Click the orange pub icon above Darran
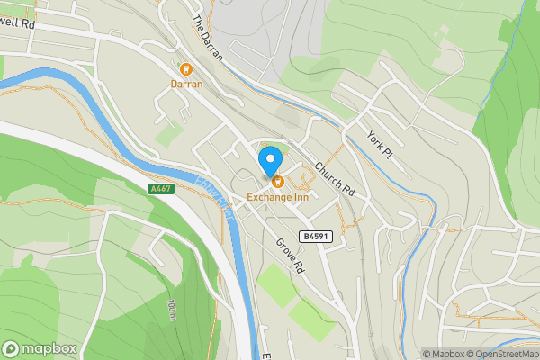pos(186,68)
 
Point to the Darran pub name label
pos(186,84)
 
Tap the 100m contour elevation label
pos(170,311)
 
